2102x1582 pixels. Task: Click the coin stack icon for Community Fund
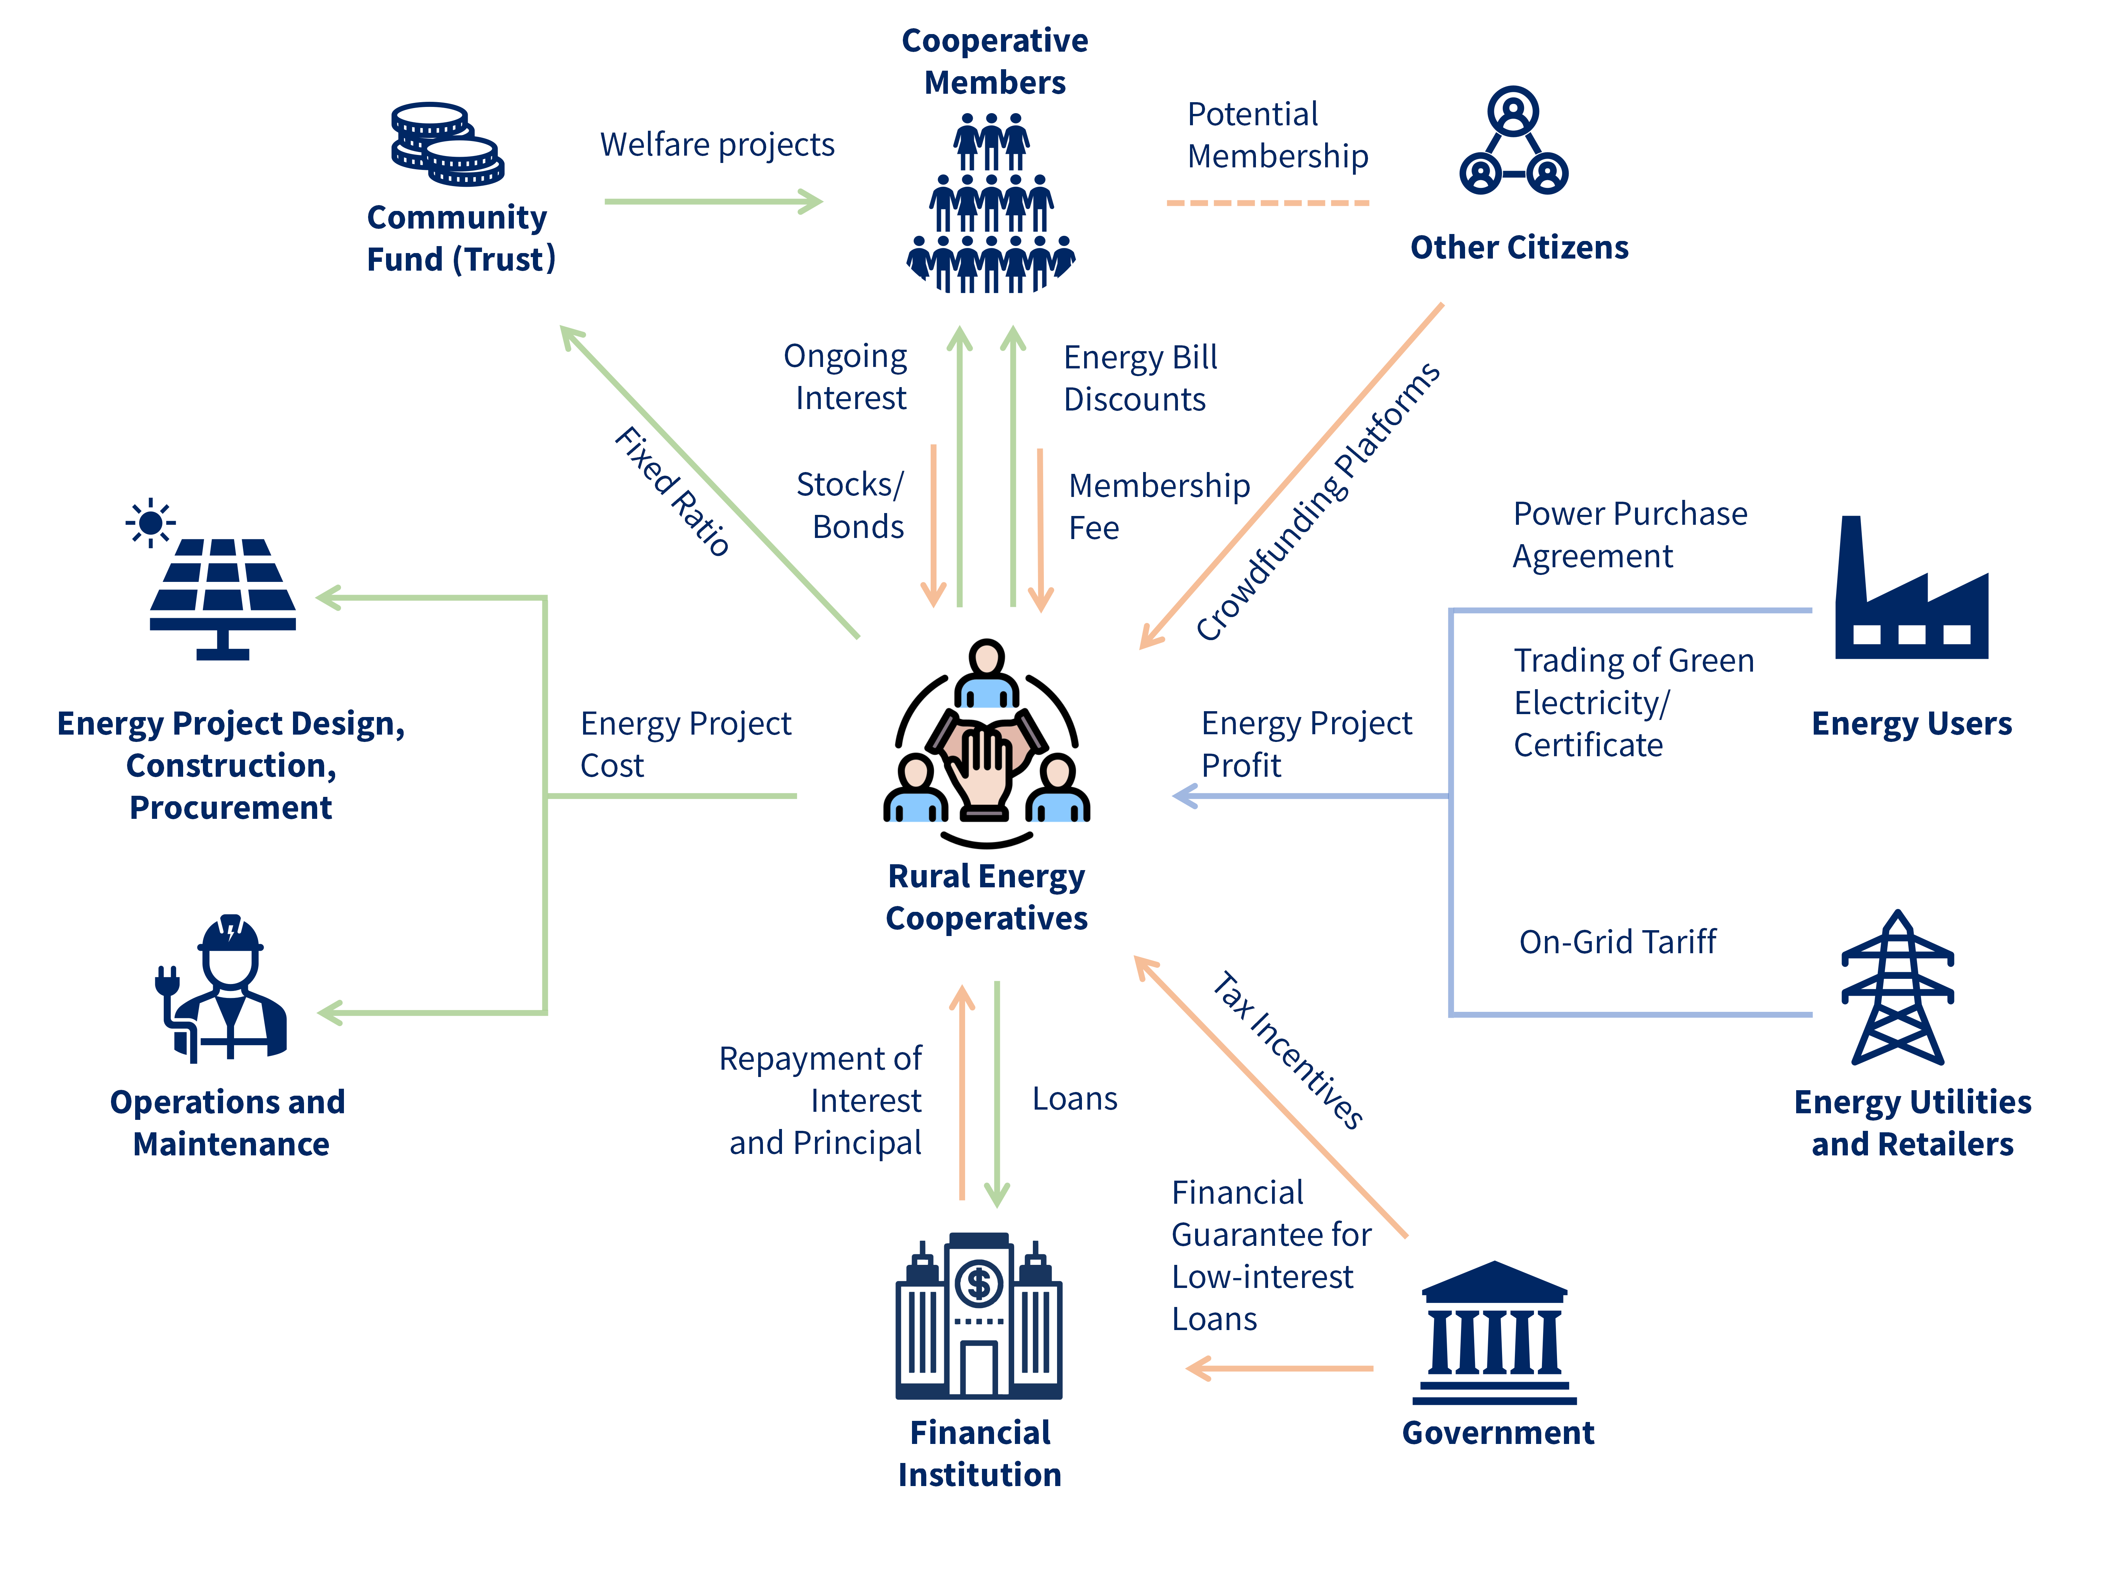pyautogui.click(x=446, y=144)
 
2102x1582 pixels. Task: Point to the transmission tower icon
pyautogui.click(x=1897, y=988)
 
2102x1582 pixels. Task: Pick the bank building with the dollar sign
pyautogui.click(x=979, y=1316)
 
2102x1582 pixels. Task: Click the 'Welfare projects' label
pyautogui.click(x=718, y=144)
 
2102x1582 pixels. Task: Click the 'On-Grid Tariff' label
pyautogui.click(x=1617, y=942)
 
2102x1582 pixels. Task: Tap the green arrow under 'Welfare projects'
pyautogui.click(x=713, y=201)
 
